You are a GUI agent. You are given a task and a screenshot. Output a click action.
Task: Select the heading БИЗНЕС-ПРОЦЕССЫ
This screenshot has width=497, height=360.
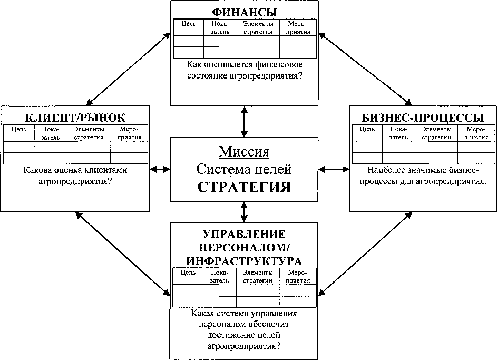tap(423, 117)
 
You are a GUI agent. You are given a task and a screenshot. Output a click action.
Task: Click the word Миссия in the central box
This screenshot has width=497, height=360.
tap(244, 153)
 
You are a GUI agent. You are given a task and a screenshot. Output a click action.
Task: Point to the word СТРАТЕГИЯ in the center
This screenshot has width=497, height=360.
tap(244, 188)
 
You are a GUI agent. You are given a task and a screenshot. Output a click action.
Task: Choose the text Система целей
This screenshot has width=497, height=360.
tap(244, 170)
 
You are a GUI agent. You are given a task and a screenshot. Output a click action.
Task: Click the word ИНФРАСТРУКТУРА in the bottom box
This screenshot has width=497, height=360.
tap(244, 260)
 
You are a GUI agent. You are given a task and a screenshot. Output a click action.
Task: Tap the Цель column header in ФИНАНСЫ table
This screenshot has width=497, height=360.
tap(189, 24)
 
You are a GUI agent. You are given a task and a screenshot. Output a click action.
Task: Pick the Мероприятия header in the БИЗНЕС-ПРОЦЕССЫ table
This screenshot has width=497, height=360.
tap(476, 133)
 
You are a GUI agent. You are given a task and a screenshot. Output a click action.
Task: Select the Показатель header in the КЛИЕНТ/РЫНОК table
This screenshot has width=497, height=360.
tap(51, 133)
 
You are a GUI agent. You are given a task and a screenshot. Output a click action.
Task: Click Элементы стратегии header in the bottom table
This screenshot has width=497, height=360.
tap(258, 276)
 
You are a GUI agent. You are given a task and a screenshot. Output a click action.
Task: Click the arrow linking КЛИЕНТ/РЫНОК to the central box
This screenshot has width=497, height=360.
tap(160, 170)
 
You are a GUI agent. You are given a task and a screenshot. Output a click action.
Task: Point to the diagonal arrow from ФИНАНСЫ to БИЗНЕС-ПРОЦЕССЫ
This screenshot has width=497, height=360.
tap(365, 69)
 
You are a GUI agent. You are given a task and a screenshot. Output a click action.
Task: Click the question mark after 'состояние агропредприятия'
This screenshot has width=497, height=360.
tap(307, 75)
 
